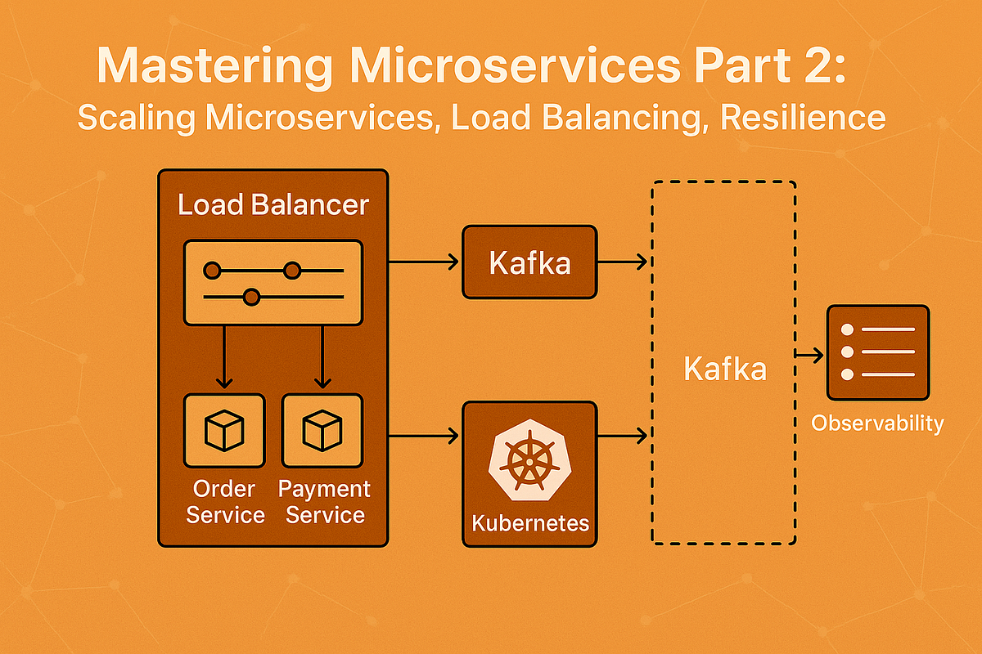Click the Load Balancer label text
(273, 204)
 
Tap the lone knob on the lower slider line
(252, 297)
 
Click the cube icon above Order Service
(224, 431)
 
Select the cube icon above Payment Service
(322, 431)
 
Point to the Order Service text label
(224, 502)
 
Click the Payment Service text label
(324, 502)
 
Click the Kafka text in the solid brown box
(529, 263)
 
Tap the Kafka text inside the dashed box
(724, 370)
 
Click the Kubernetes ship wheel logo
(529, 461)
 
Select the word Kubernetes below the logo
(529, 522)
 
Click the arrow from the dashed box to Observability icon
(810, 356)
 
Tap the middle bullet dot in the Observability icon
(848, 352)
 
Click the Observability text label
(877, 423)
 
